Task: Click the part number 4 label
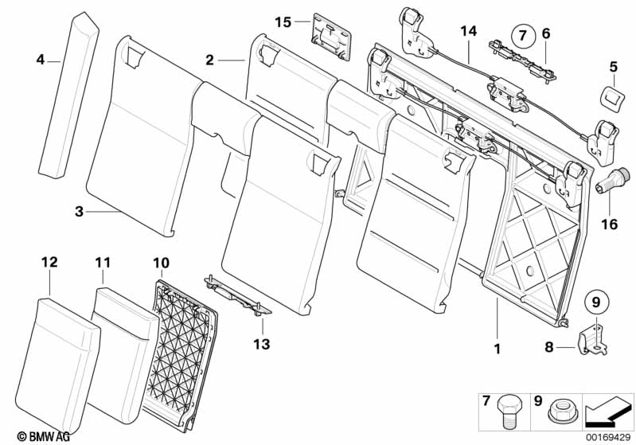40,59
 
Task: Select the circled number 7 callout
522,34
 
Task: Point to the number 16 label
608,225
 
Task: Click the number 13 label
261,345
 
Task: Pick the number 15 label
284,21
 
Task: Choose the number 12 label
49,262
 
